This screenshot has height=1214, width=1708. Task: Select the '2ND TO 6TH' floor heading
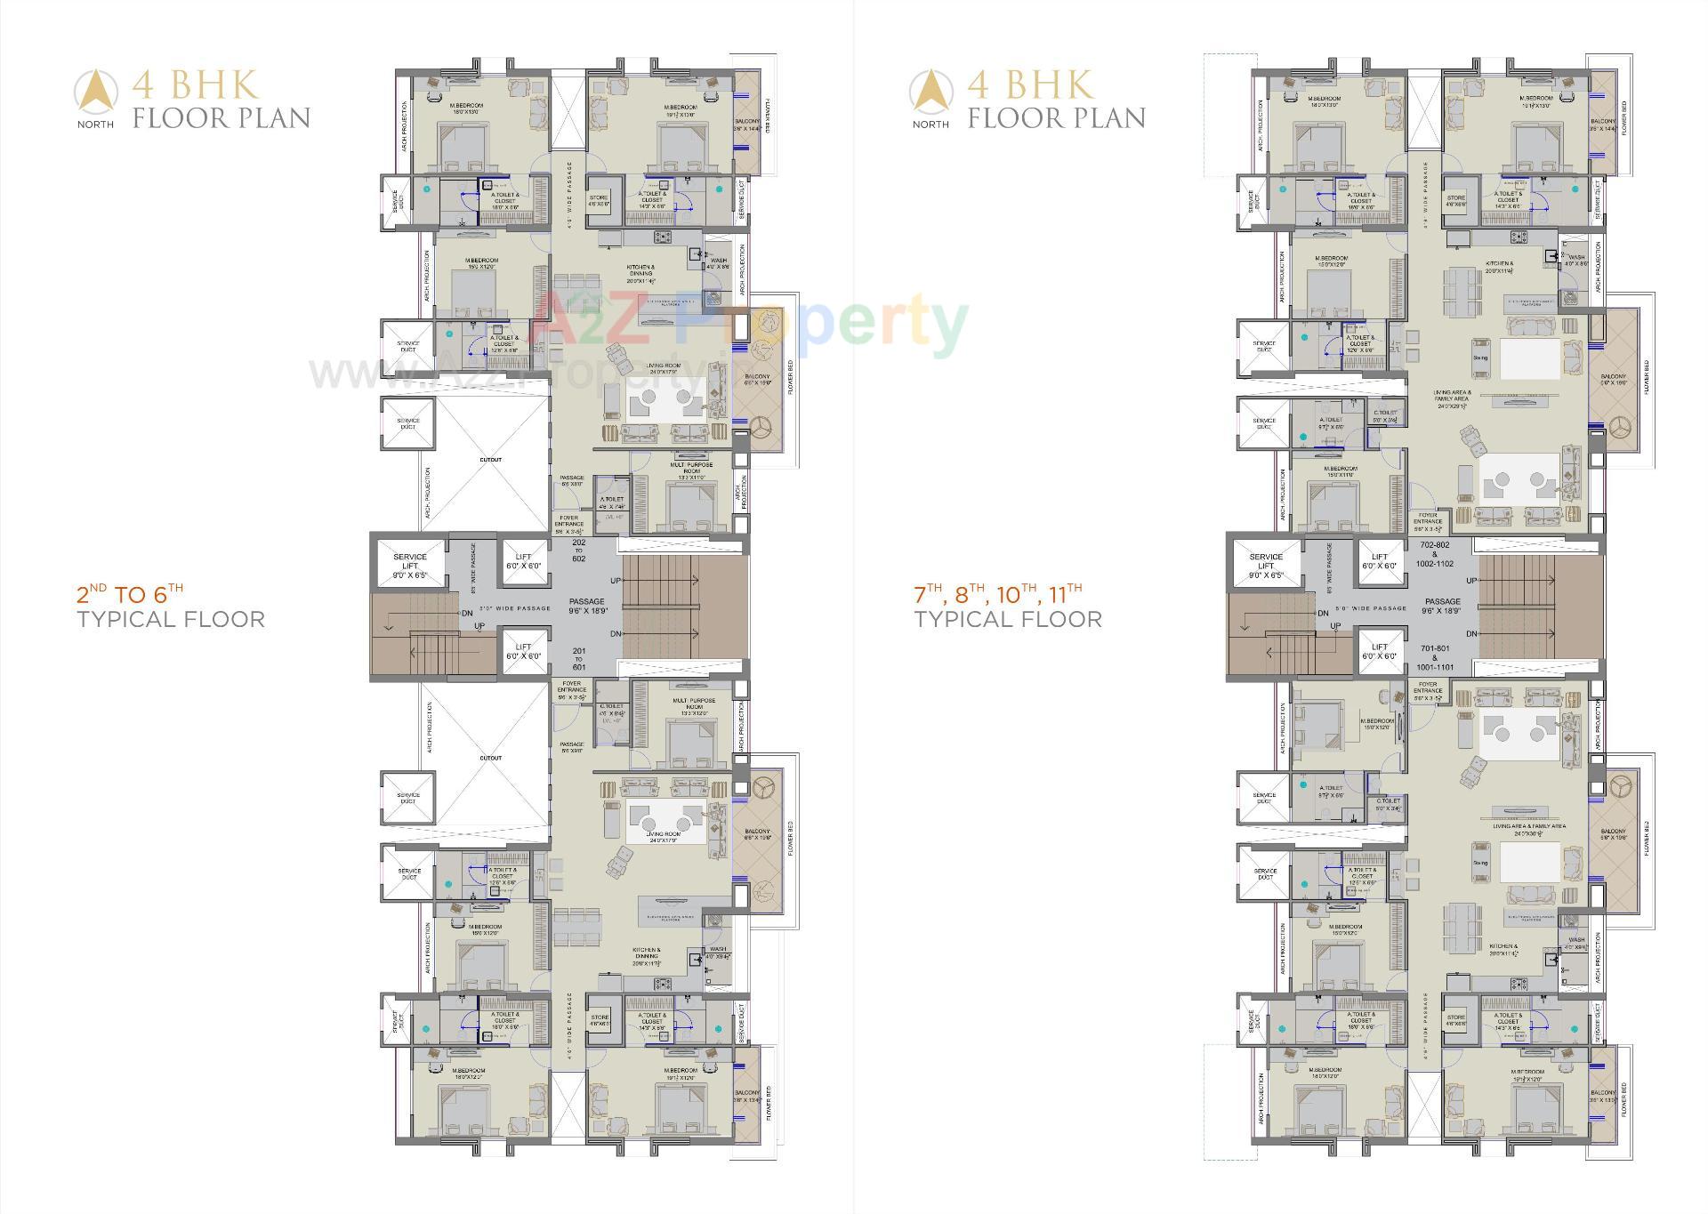[x=130, y=593]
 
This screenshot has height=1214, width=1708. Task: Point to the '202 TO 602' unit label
[x=578, y=550]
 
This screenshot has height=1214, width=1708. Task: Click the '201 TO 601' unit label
[x=578, y=659]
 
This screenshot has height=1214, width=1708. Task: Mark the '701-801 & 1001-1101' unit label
[x=1435, y=658]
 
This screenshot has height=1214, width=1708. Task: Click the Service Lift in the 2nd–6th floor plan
[x=409, y=566]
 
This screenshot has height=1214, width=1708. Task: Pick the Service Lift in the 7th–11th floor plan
[x=1266, y=566]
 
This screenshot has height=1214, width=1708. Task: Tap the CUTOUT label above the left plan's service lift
[x=490, y=460]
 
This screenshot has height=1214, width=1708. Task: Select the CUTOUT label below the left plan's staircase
[x=490, y=758]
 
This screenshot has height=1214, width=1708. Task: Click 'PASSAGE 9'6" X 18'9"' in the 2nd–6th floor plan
[x=587, y=606]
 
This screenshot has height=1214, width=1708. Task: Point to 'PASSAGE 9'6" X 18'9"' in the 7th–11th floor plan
[x=1443, y=606]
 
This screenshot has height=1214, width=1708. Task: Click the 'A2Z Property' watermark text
[x=747, y=322]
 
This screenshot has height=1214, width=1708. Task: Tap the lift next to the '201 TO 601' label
[x=523, y=651]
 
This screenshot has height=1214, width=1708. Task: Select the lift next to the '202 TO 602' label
[x=523, y=561]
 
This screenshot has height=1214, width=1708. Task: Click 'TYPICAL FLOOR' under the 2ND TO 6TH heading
[x=171, y=620]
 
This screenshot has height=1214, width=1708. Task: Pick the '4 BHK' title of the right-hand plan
[x=1031, y=85]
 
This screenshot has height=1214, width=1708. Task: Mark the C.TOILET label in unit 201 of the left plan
[x=612, y=709]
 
